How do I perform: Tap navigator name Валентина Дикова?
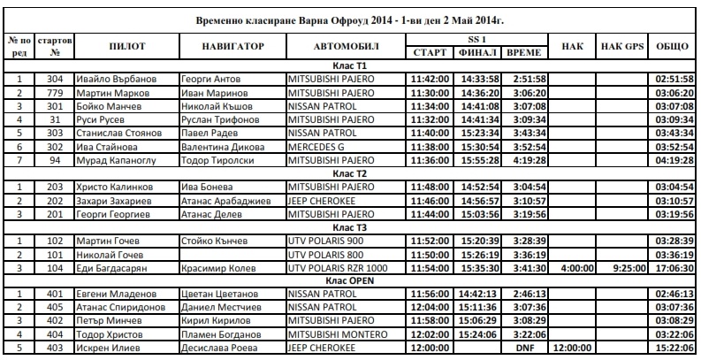pyautogui.click(x=217, y=147)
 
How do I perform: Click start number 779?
pyautogui.click(x=55, y=93)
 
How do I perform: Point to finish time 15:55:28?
pyautogui.click(x=480, y=160)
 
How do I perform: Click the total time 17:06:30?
pyautogui.click(x=673, y=266)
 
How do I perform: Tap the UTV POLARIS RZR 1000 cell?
pyautogui.click(x=337, y=266)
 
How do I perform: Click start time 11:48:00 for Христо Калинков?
pyautogui.click(x=431, y=188)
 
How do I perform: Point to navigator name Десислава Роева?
pyautogui.click(x=217, y=347)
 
